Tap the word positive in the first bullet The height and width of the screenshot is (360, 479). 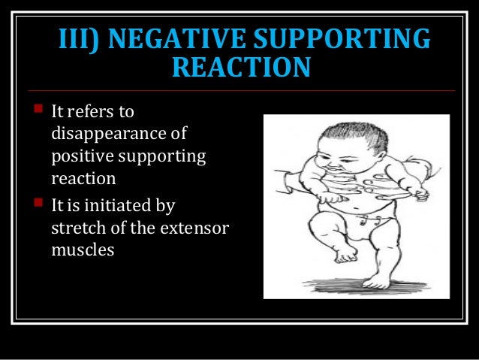(x=82, y=158)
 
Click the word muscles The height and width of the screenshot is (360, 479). (x=82, y=250)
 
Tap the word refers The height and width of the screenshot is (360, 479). (x=93, y=113)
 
